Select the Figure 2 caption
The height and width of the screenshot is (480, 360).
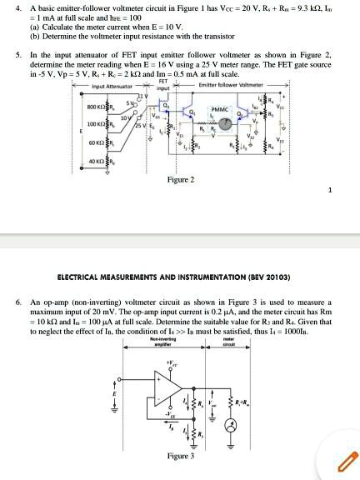pyautogui.click(x=180, y=180)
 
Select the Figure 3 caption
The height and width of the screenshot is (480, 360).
pyautogui.click(x=181, y=456)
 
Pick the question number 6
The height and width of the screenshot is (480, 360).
pyautogui.click(x=18, y=301)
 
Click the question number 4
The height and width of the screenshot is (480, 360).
pyautogui.click(x=18, y=6)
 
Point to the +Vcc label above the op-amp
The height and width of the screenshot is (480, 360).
pyautogui.click(x=172, y=363)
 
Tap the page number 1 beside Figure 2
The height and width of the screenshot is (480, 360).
pyautogui.click(x=330, y=191)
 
